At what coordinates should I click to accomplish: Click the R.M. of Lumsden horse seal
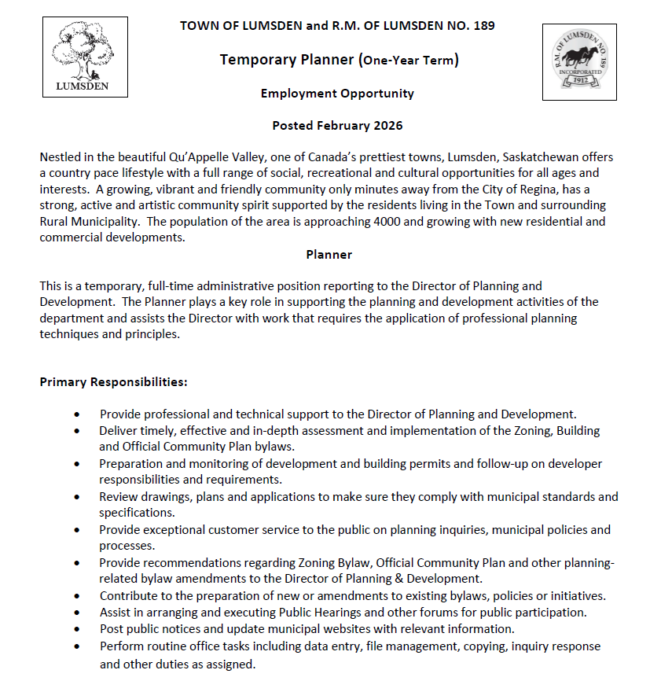[579, 61]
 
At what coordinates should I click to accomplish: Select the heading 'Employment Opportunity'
[337, 94]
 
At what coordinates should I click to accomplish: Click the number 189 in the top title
[484, 25]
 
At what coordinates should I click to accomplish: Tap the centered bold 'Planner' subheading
[329, 255]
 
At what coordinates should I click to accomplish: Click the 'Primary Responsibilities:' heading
[113, 382]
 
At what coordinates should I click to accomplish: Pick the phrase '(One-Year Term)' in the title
[408, 61]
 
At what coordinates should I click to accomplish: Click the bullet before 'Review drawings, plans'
[77, 497]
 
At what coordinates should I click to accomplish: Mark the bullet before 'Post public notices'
[77, 629]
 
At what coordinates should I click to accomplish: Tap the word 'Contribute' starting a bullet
[129, 596]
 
